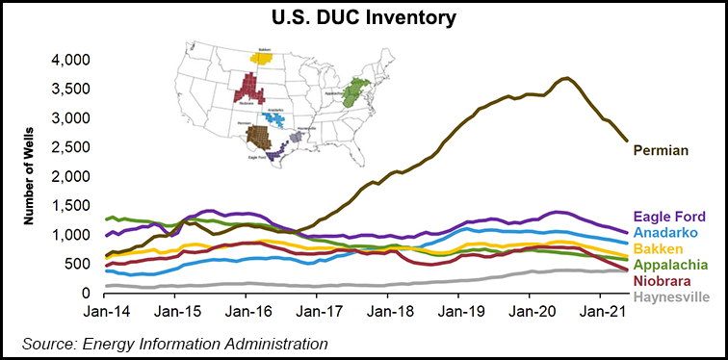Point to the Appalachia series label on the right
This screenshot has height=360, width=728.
671,263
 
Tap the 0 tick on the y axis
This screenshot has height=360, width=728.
86,293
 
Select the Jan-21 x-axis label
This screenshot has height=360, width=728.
604,312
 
